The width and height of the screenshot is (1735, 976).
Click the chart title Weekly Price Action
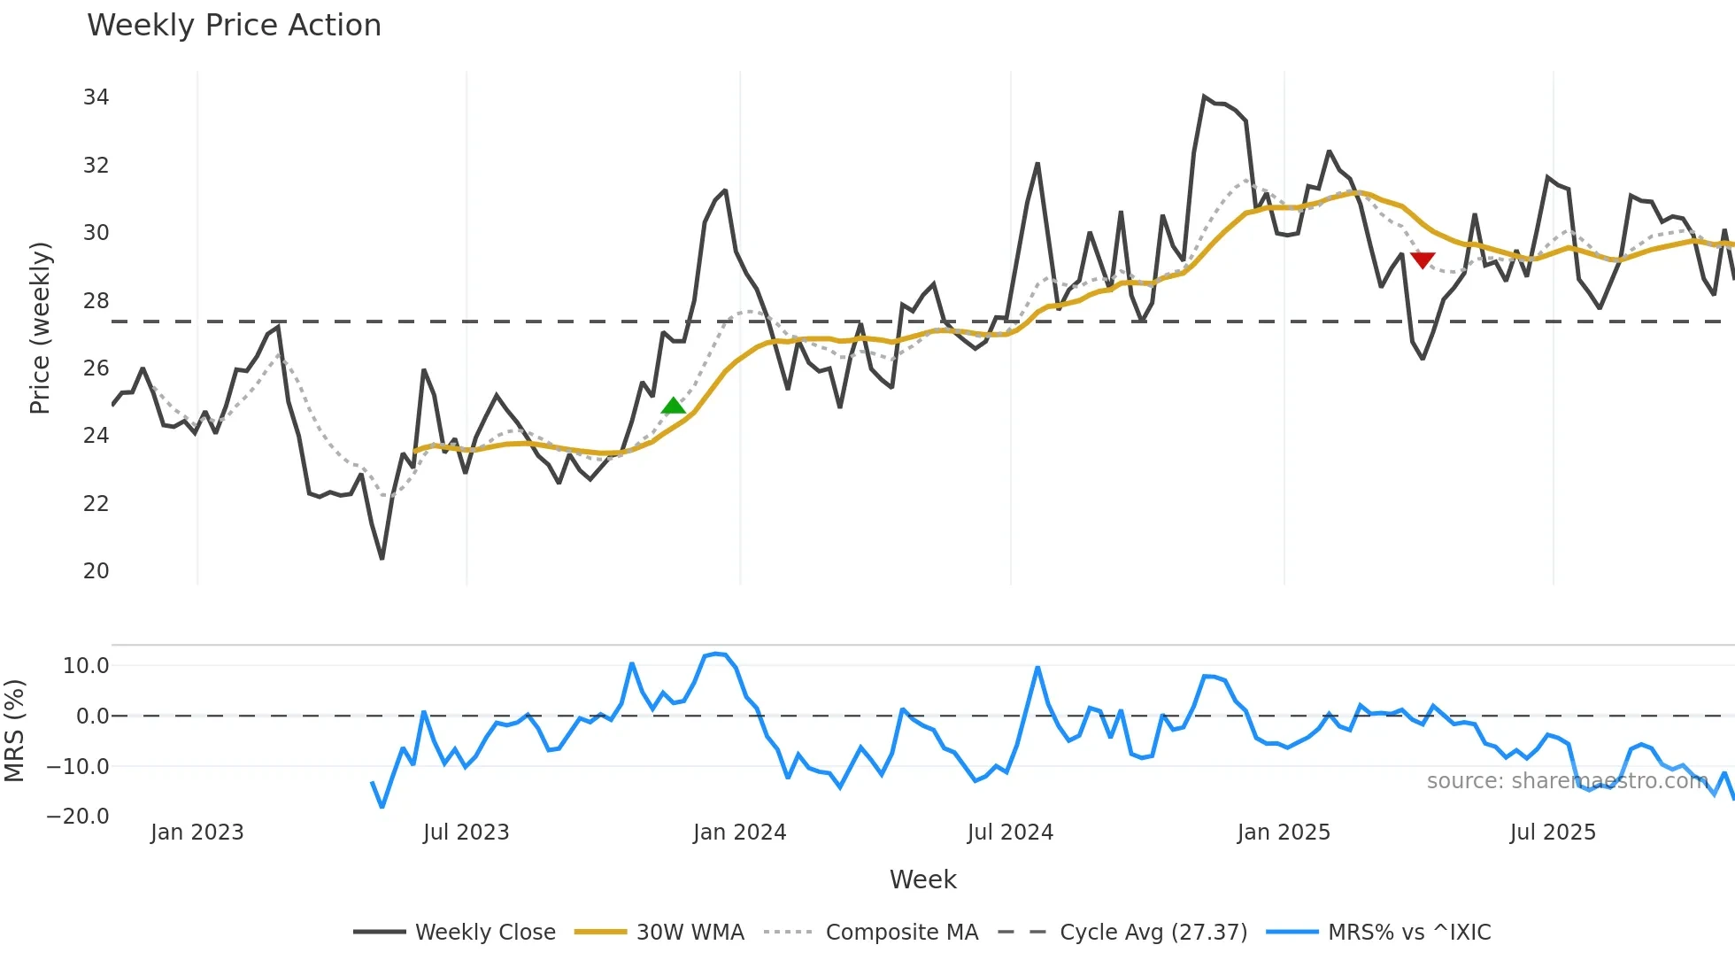click(234, 25)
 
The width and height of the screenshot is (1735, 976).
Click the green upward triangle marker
click(674, 406)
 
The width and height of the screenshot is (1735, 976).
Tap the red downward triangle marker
click(1422, 259)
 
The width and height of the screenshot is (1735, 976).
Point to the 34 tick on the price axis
click(96, 97)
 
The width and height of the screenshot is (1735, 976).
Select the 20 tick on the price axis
click(96, 571)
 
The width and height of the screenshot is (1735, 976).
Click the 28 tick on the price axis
click(96, 301)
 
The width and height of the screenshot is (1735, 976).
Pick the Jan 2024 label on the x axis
click(739, 833)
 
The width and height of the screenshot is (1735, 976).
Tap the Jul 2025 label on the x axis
click(1553, 833)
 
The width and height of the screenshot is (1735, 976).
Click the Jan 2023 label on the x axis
click(197, 833)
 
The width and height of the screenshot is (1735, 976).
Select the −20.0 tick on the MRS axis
click(78, 817)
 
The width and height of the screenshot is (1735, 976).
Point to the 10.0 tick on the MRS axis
click(85, 666)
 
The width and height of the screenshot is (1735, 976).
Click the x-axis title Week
click(922, 879)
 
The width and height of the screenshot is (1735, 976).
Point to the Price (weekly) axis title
click(40, 328)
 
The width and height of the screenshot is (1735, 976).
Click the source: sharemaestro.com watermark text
click(1567, 781)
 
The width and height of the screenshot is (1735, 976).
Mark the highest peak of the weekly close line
click(1205, 96)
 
